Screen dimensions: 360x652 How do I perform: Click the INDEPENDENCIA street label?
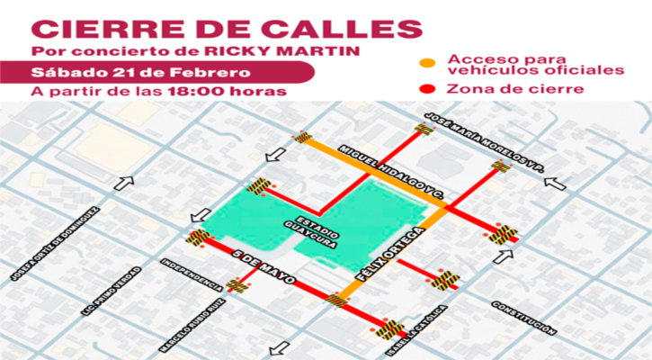(x=191, y=274)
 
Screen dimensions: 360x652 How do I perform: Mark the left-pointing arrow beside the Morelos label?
(x=555, y=184)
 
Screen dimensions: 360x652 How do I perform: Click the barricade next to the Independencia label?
(x=237, y=285)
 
